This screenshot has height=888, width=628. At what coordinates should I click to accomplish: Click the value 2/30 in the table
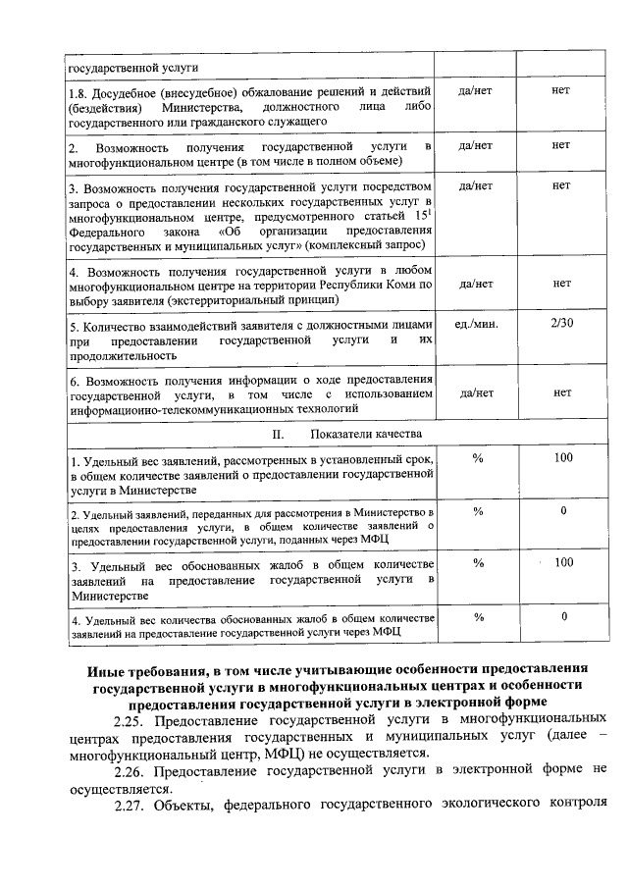click(x=561, y=323)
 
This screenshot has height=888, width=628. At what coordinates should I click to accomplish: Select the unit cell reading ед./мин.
click(x=476, y=323)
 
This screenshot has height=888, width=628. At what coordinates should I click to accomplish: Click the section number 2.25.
click(x=129, y=721)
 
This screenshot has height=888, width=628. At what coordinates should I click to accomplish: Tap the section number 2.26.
click(x=129, y=772)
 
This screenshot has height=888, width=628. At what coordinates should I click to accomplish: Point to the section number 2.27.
click(x=129, y=807)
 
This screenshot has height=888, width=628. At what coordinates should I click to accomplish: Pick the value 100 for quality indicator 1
click(x=562, y=458)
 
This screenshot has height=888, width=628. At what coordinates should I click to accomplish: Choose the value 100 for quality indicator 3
click(x=562, y=562)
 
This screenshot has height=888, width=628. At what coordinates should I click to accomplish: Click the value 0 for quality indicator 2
click(x=563, y=510)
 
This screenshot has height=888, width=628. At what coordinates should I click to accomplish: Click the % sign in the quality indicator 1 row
click(x=478, y=458)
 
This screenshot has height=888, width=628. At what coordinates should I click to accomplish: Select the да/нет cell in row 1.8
click(x=475, y=90)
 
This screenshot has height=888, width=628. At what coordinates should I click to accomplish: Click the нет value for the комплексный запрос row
click(x=561, y=183)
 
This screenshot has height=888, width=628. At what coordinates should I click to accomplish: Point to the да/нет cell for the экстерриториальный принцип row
click(x=475, y=284)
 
